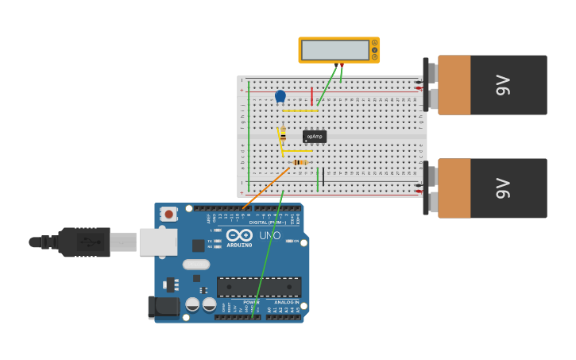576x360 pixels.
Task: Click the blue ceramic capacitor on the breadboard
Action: pos(280,96)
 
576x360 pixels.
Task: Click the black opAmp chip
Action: pos(315,137)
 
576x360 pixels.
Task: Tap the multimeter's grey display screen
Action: pos(335,50)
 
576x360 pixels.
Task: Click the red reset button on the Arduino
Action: pos(168,213)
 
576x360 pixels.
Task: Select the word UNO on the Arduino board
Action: pos(269,235)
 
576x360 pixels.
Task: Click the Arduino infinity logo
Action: pos(239,235)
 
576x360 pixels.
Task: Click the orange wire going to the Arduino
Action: pos(266,188)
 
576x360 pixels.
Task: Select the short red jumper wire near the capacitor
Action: pos(311,97)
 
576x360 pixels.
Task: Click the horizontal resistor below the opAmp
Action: pos(300,162)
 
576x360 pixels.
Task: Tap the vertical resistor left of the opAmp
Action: pos(283,135)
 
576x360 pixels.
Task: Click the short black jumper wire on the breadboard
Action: pos(323,177)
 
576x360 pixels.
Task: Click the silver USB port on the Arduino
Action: pos(157,242)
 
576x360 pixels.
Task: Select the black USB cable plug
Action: pos(83,242)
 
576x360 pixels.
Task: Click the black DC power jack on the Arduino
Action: pos(162,306)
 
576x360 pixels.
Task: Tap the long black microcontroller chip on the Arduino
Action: pos(259,286)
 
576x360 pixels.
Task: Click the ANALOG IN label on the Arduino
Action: pos(287,302)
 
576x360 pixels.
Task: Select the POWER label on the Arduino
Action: pos(251,302)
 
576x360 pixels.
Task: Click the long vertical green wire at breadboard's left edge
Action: pos(248,135)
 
